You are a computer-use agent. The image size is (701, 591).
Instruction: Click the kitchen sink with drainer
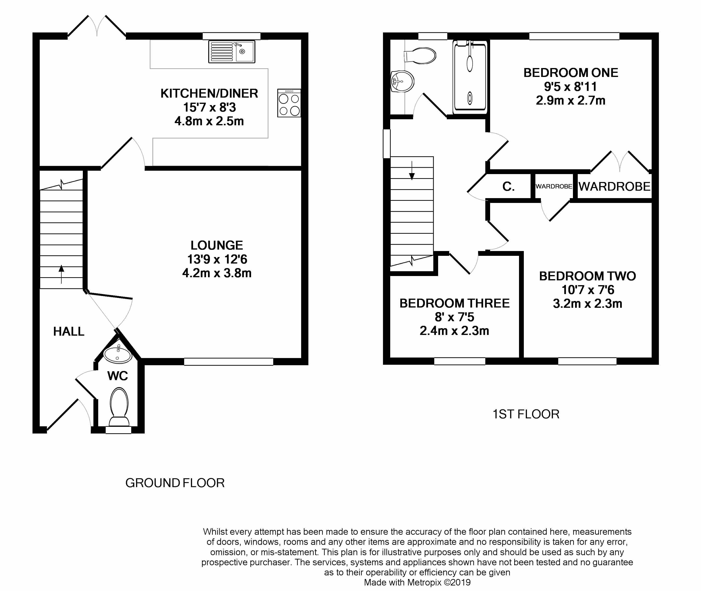tap(231, 52)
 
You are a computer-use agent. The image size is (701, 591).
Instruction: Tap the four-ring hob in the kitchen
tap(289, 103)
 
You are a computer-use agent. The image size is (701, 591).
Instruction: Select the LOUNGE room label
tap(217, 245)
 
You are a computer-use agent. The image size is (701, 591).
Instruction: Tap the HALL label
tap(69, 331)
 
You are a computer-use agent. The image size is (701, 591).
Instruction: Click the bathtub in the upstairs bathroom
tap(470, 76)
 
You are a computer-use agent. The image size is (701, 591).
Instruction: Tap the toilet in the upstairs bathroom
tap(421, 56)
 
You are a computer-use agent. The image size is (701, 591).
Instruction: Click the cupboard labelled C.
tap(508, 187)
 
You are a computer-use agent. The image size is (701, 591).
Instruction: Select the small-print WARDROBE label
tap(554, 186)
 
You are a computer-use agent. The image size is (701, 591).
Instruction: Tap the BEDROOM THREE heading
tap(454, 303)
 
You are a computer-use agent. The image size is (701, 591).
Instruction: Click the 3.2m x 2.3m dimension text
tap(587, 303)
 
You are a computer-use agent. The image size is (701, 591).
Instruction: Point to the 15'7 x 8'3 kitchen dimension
tap(209, 107)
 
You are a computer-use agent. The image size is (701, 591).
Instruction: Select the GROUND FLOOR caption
tap(175, 483)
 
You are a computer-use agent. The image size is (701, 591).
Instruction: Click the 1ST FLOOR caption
tap(526, 414)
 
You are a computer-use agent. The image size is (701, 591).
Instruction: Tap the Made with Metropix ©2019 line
tap(417, 582)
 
